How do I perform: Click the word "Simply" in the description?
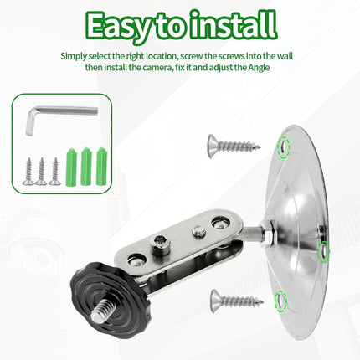(74, 56)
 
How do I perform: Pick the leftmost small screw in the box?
(28, 171)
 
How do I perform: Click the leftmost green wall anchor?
(71, 167)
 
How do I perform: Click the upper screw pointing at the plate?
(234, 146)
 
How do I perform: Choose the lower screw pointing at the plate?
(237, 301)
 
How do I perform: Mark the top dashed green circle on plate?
(284, 148)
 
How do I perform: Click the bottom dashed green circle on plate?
(280, 301)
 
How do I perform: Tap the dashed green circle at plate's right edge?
(324, 252)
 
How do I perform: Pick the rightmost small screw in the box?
(55, 171)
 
